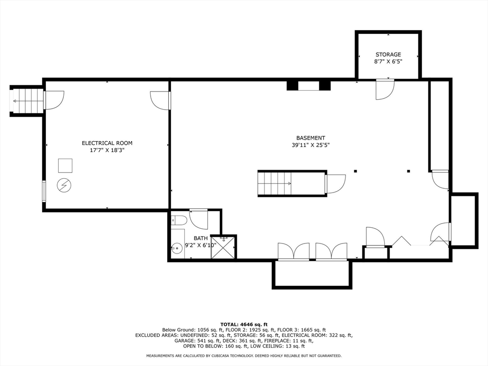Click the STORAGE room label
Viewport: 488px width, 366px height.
[x=388, y=55]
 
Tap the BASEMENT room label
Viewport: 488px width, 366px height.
[x=310, y=138]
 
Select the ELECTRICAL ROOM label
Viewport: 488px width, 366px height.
[x=107, y=143]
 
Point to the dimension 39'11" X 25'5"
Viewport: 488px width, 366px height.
[x=310, y=145]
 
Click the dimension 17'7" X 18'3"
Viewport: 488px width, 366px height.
[x=107, y=150]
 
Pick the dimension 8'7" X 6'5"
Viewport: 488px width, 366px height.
[x=388, y=61]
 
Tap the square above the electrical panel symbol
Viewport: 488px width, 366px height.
[x=65, y=165]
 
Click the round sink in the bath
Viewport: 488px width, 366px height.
[x=177, y=247]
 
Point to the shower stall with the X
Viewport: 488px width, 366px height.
[x=223, y=248]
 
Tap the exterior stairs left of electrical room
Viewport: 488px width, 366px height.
[x=28, y=101]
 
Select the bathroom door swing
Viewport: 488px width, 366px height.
[x=198, y=218]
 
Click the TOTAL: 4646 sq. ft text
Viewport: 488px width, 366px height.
[x=244, y=324]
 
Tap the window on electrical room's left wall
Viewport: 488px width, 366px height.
[x=44, y=191]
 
